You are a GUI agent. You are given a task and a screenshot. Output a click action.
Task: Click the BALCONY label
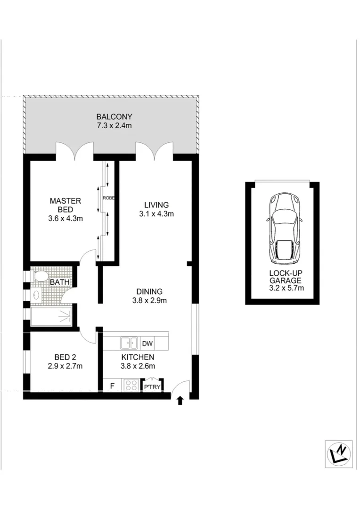(x=114, y=117)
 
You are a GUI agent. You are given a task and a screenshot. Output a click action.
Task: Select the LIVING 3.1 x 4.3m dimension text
(x=156, y=214)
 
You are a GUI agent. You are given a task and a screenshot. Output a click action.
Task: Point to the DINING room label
(x=149, y=291)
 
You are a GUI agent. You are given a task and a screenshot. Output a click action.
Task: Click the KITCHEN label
(x=137, y=357)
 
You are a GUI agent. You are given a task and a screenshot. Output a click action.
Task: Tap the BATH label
(x=60, y=282)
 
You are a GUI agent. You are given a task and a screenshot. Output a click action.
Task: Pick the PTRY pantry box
(x=153, y=387)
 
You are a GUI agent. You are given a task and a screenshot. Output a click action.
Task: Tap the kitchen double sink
(x=128, y=343)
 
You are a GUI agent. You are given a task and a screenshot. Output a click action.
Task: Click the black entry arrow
(x=180, y=401)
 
